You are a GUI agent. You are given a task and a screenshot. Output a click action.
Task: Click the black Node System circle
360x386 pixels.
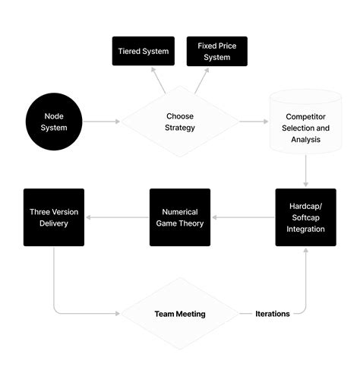tap(55, 122)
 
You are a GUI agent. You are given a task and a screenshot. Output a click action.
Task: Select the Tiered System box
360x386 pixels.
tap(143, 51)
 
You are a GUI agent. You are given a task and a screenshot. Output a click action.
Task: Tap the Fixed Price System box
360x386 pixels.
tap(216, 51)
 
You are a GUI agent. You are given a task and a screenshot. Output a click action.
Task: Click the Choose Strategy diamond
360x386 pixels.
tap(180, 122)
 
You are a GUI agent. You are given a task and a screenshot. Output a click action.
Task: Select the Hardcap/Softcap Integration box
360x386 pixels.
tap(305, 217)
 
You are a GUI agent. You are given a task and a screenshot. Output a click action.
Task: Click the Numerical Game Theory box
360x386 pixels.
tap(180, 217)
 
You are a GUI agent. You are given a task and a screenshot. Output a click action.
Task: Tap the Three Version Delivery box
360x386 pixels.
tap(54, 217)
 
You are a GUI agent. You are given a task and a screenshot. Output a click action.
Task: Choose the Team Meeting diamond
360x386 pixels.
tap(180, 313)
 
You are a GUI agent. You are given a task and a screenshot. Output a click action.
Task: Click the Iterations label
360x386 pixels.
tap(273, 313)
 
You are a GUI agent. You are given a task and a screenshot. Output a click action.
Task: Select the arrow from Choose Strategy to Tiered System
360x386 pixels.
tap(158, 80)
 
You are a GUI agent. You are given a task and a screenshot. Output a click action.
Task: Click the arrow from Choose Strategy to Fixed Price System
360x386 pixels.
tap(202, 80)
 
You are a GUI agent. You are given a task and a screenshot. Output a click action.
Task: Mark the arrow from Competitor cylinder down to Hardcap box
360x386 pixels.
tap(305, 169)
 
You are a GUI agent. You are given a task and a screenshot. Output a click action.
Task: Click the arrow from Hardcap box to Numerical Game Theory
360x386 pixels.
tap(243, 217)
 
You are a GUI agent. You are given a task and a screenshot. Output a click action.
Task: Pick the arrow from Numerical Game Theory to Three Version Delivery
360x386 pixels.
tap(117, 217)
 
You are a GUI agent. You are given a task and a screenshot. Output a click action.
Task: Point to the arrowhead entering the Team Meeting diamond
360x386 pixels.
tap(118, 313)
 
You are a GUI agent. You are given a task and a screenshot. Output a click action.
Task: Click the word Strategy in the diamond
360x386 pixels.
tap(180, 128)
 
